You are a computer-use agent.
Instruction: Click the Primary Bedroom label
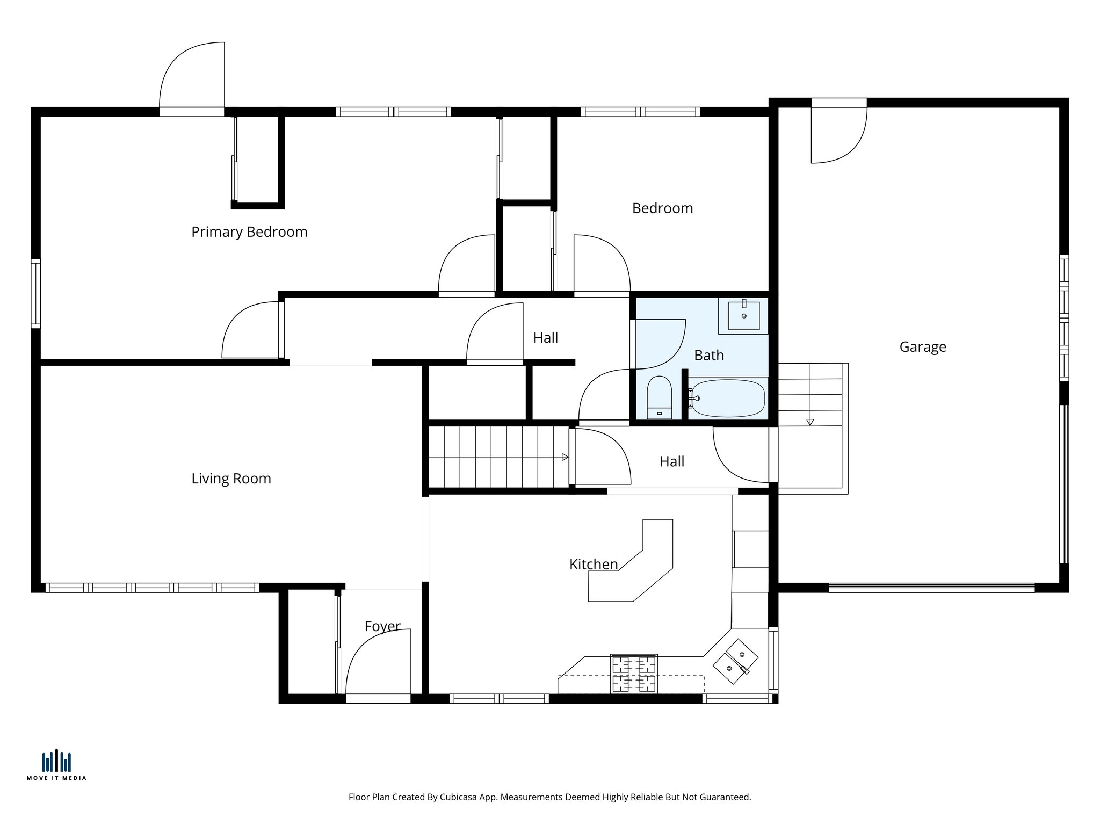249,232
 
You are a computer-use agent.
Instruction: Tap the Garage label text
922,347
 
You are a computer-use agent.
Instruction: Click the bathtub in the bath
728,398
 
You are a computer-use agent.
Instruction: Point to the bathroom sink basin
744,315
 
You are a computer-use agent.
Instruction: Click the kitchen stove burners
634,674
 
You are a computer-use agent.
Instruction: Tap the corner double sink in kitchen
735,661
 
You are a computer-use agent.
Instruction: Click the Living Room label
231,479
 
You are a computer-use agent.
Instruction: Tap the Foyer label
382,626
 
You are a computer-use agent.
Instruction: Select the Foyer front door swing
379,663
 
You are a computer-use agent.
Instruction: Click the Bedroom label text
662,208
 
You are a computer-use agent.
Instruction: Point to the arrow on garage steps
810,422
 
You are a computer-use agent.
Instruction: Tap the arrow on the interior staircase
565,457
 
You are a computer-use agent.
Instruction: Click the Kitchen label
593,565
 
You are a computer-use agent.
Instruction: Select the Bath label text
708,356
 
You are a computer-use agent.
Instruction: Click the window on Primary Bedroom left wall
35,293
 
